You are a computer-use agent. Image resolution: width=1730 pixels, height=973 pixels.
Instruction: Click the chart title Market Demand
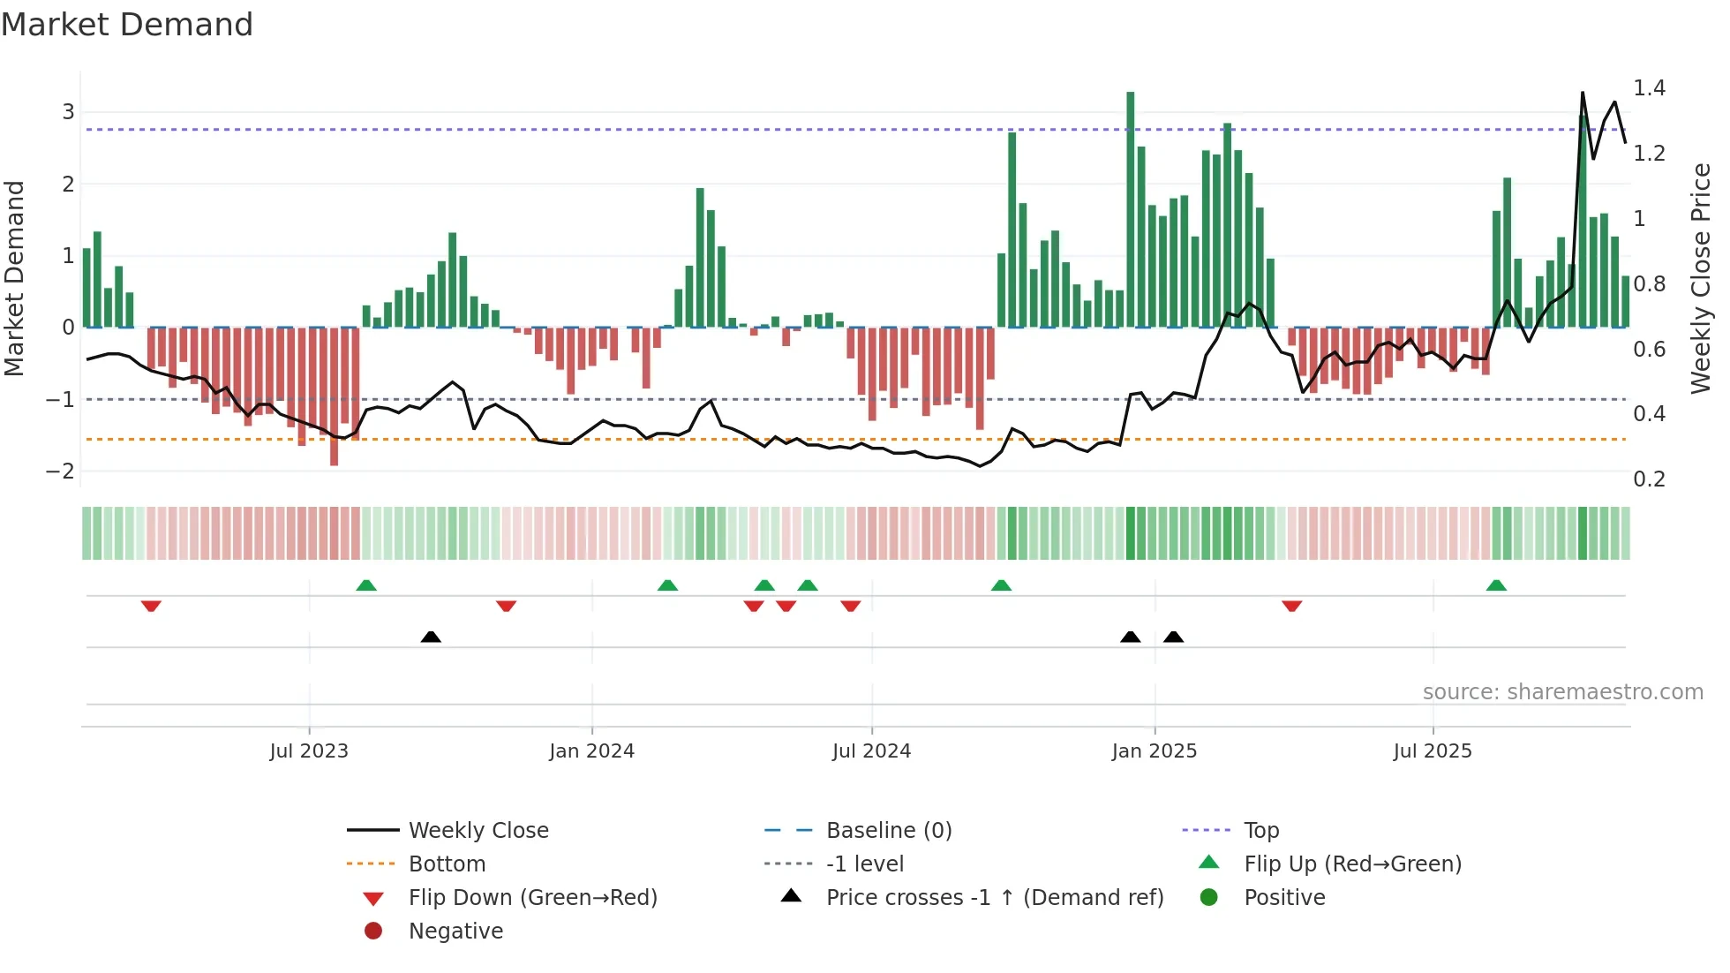[x=127, y=24]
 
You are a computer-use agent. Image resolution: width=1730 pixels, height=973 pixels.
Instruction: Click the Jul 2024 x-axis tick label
[x=871, y=751]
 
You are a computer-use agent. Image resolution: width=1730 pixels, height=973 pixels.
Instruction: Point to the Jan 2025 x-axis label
[x=1154, y=751]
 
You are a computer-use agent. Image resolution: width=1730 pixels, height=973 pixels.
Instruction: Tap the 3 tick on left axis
[x=68, y=112]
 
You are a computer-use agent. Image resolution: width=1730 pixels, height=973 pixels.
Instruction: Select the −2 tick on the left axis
[x=61, y=471]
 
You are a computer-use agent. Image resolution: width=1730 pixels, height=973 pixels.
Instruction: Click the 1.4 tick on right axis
[x=1649, y=88]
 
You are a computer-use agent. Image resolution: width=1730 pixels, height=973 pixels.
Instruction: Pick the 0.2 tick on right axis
[x=1649, y=479]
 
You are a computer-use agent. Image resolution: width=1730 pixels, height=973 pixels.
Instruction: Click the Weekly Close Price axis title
[x=1701, y=278]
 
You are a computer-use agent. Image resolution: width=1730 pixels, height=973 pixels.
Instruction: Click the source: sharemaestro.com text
[x=1562, y=692]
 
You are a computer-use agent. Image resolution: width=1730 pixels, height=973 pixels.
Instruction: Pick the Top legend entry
[x=1260, y=831]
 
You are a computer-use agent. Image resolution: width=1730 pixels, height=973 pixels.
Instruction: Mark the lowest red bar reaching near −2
[x=334, y=397]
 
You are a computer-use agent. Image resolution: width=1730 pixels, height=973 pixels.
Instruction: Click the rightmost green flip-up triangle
[x=1496, y=585]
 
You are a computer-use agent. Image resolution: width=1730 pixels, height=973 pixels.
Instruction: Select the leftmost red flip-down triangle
[x=151, y=606]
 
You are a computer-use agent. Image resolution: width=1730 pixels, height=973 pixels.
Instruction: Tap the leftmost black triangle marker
[x=431, y=637]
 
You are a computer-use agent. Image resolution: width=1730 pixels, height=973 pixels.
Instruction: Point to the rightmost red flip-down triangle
[x=1292, y=606]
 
